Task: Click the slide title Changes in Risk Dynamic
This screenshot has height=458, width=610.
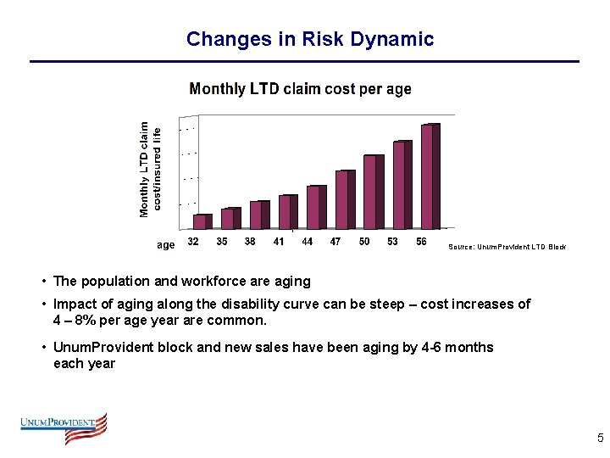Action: pos(309,39)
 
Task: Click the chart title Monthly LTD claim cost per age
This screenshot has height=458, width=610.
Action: pos(300,89)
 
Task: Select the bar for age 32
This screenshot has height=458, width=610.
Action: pos(201,221)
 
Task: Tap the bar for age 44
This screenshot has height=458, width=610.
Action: pos(315,207)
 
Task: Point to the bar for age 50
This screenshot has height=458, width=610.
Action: pos(372,192)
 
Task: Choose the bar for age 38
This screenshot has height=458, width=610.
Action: pos(258,215)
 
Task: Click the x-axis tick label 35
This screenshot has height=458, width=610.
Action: pos(222,242)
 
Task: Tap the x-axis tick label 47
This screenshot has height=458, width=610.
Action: pos(335,242)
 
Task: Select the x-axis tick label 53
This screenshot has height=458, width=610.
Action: pos(392,242)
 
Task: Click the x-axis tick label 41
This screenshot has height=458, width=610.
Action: pos(279,242)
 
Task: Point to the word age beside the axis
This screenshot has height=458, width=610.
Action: pos(166,245)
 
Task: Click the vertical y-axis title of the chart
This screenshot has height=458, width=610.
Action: pos(149,167)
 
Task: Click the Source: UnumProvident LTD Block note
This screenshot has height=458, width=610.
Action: pos(507,247)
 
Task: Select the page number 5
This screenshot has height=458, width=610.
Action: pos(600,438)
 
